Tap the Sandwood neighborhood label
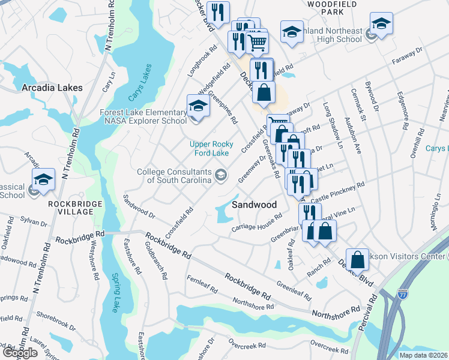(x=255, y=205)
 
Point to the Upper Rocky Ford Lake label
(x=209, y=148)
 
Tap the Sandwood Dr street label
(x=139, y=206)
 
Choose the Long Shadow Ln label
(x=333, y=126)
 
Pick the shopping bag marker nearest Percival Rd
(x=357, y=259)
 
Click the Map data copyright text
(x=424, y=355)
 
